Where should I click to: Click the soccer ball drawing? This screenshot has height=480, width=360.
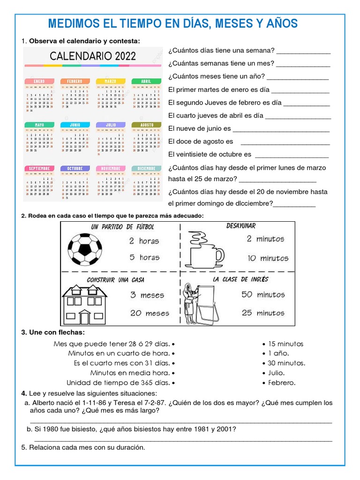tap(85, 250)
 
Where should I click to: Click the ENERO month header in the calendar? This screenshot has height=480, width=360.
tap(39, 82)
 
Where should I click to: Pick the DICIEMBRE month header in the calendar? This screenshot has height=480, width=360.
tap(147, 168)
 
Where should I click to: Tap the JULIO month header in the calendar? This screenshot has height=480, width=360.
tap(111, 125)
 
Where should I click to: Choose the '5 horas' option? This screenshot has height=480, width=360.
tap(144, 257)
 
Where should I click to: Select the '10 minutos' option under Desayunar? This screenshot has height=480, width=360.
tap(268, 258)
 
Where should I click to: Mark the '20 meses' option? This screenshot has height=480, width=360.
tap(150, 313)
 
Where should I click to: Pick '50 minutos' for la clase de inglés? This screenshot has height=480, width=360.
tap(263, 295)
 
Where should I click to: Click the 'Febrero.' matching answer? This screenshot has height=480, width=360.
tap(281, 383)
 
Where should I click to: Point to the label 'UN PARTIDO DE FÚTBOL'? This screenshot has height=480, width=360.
tap(123, 227)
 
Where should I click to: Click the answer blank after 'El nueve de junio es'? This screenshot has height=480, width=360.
tap(281, 129)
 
